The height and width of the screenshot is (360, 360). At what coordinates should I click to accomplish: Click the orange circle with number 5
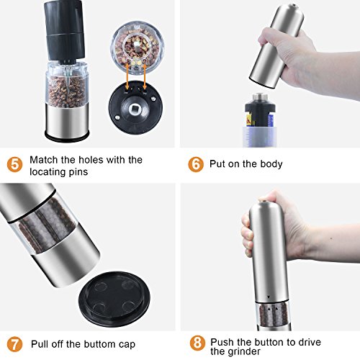14,165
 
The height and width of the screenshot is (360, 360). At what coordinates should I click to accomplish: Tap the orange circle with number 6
196,164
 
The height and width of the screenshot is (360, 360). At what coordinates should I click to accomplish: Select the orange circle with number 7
14,344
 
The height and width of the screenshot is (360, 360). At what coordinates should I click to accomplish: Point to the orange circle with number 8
197,343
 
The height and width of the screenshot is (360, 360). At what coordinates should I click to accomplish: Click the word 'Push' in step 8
222,342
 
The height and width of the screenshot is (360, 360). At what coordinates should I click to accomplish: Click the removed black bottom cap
114,300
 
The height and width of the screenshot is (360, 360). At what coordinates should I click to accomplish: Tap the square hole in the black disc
135,109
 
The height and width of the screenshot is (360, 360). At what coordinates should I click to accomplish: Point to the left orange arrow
127,77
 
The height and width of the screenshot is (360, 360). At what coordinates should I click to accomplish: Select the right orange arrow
144,77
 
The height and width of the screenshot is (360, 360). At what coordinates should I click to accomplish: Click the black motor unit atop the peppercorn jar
63,31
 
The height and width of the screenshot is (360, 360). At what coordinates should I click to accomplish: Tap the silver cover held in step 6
276,45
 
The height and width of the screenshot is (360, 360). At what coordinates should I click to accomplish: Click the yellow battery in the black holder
249,120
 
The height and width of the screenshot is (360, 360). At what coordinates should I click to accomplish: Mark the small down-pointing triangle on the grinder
269,297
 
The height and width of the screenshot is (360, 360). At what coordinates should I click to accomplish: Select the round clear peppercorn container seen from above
138,48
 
